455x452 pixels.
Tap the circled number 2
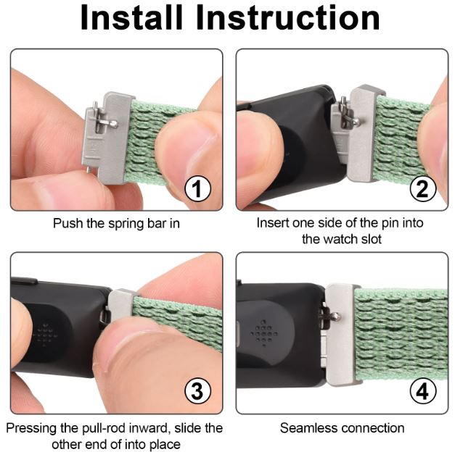tap(422, 190)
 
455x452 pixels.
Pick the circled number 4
tap(422, 392)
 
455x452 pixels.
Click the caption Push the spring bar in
tap(116, 224)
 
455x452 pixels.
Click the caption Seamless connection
tap(342, 428)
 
